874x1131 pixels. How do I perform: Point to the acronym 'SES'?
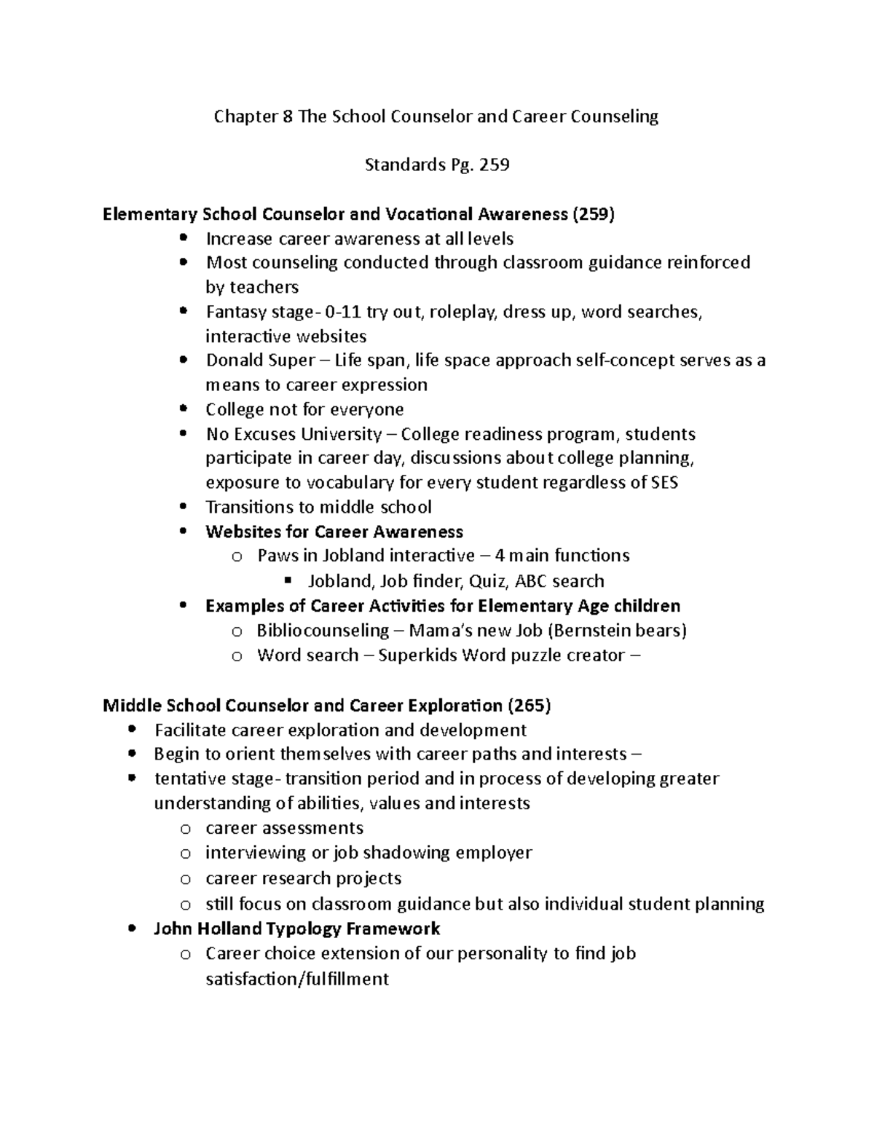663,483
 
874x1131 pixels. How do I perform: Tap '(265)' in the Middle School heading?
529,705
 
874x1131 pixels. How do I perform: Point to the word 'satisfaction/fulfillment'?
297,979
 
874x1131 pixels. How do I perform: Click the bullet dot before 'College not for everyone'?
184,409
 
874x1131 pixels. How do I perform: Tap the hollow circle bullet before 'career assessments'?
186,829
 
